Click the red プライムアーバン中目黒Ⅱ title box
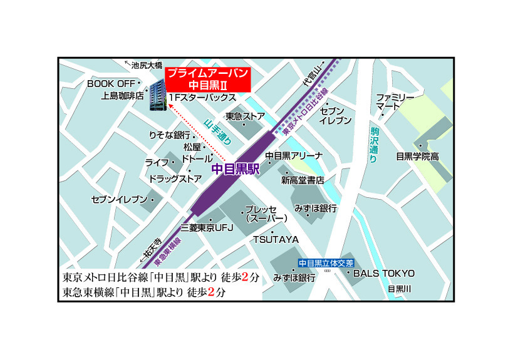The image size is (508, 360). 209,79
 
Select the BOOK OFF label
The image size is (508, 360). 112,84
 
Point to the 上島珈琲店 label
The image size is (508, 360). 123,97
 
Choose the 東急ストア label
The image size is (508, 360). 245,116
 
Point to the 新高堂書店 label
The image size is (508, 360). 303,180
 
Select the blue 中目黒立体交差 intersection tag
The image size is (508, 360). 325,263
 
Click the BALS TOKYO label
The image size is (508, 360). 384,273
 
